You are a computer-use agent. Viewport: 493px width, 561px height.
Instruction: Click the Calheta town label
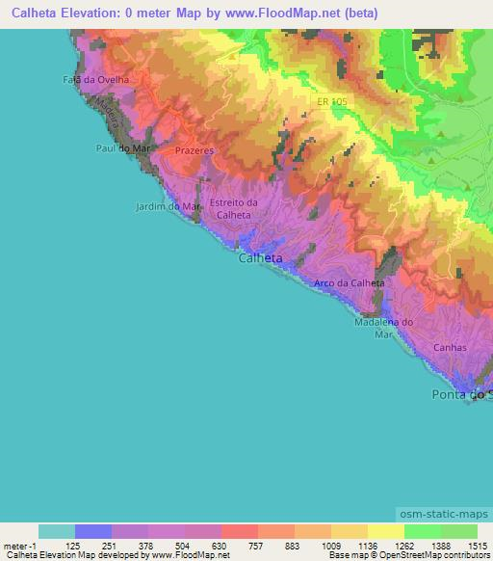[x=260, y=258]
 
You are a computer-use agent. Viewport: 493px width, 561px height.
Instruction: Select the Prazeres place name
[x=194, y=151]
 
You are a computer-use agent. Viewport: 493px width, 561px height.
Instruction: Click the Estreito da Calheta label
[x=233, y=208]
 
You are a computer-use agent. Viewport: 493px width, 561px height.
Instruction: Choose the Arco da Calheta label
[x=350, y=282]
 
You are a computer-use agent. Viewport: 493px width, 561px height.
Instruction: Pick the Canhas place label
[x=450, y=348]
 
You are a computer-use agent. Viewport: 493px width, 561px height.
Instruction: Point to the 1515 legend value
[x=478, y=546]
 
